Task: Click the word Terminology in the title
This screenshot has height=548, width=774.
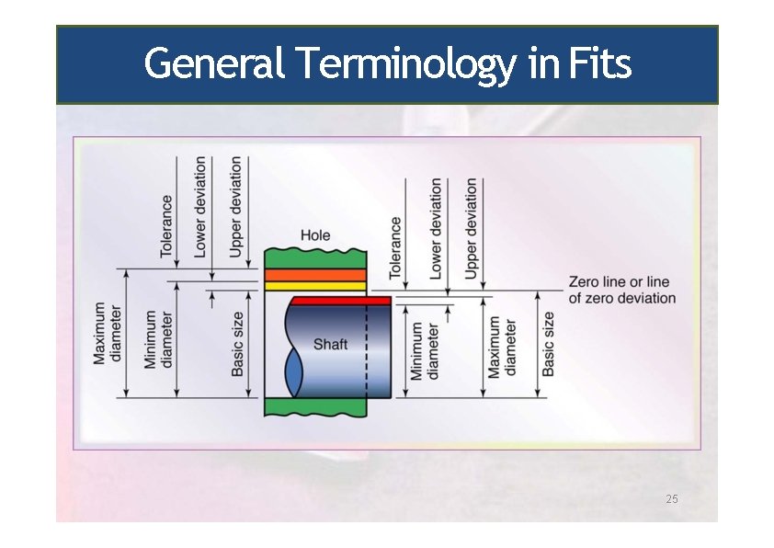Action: coord(404,65)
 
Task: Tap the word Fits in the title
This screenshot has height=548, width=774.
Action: coord(599,65)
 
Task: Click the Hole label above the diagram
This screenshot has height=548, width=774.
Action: coord(315,236)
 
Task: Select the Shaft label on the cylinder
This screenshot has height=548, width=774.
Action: coord(331,345)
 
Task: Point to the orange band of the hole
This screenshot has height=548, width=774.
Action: coord(315,275)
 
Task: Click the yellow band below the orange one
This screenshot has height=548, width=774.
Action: coord(315,286)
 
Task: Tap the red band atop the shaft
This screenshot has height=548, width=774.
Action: coord(340,300)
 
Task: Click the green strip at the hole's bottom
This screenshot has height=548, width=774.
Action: coord(315,406)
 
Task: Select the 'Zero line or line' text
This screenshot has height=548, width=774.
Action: coord(620,282)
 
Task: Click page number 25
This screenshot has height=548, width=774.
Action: coord(671,498)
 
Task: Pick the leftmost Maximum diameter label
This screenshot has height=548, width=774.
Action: coord(107,333)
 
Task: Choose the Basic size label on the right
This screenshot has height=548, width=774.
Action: coord(549,343)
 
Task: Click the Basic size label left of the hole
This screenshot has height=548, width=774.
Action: coord(238,343)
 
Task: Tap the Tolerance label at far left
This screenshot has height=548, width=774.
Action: coord(167,225)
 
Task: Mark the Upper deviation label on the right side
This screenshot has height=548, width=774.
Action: coord(472,228)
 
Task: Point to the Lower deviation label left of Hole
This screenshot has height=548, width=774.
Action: coord(200,207)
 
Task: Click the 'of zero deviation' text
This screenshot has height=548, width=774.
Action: coord(622,299)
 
